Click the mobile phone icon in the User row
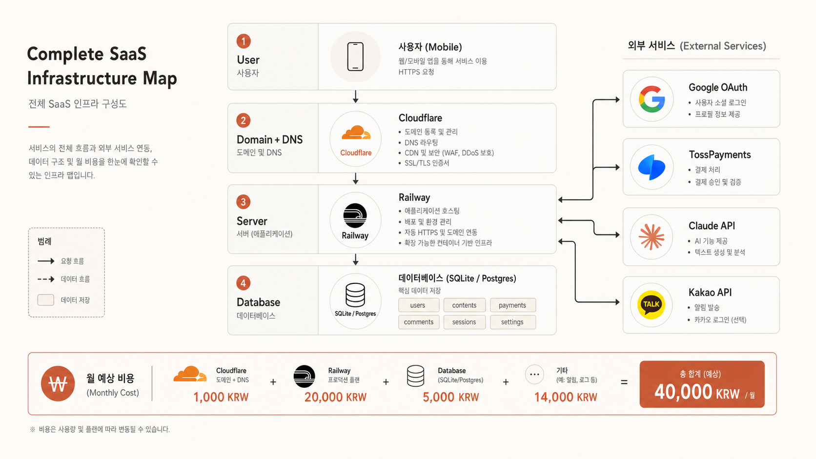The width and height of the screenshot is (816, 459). coord(355,57)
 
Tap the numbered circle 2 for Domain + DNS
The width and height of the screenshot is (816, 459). coord(244,120)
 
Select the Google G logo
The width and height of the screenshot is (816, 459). coord(652,99)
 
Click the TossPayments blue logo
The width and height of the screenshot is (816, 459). coord(652,167)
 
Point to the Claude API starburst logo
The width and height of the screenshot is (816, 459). coord(652,237)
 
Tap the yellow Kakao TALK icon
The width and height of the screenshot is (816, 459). coord(652,305)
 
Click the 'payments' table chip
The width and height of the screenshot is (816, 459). coord(512,305)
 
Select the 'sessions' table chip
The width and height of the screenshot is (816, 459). coord(465,322)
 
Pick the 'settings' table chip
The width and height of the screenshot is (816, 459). coord(512,322)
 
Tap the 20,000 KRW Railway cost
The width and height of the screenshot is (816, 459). coord(335,397)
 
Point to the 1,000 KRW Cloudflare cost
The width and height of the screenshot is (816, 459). coord(221,397)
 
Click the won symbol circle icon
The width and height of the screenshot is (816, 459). coord(58,384)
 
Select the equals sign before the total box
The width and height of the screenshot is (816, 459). coord(624,382)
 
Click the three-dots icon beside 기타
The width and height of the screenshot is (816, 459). coord(534,374)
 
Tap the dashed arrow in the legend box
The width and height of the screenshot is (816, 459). coord(46,279)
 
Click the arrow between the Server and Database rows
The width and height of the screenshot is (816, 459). coord(356,259)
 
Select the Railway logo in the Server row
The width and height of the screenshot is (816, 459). coord(355,216)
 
